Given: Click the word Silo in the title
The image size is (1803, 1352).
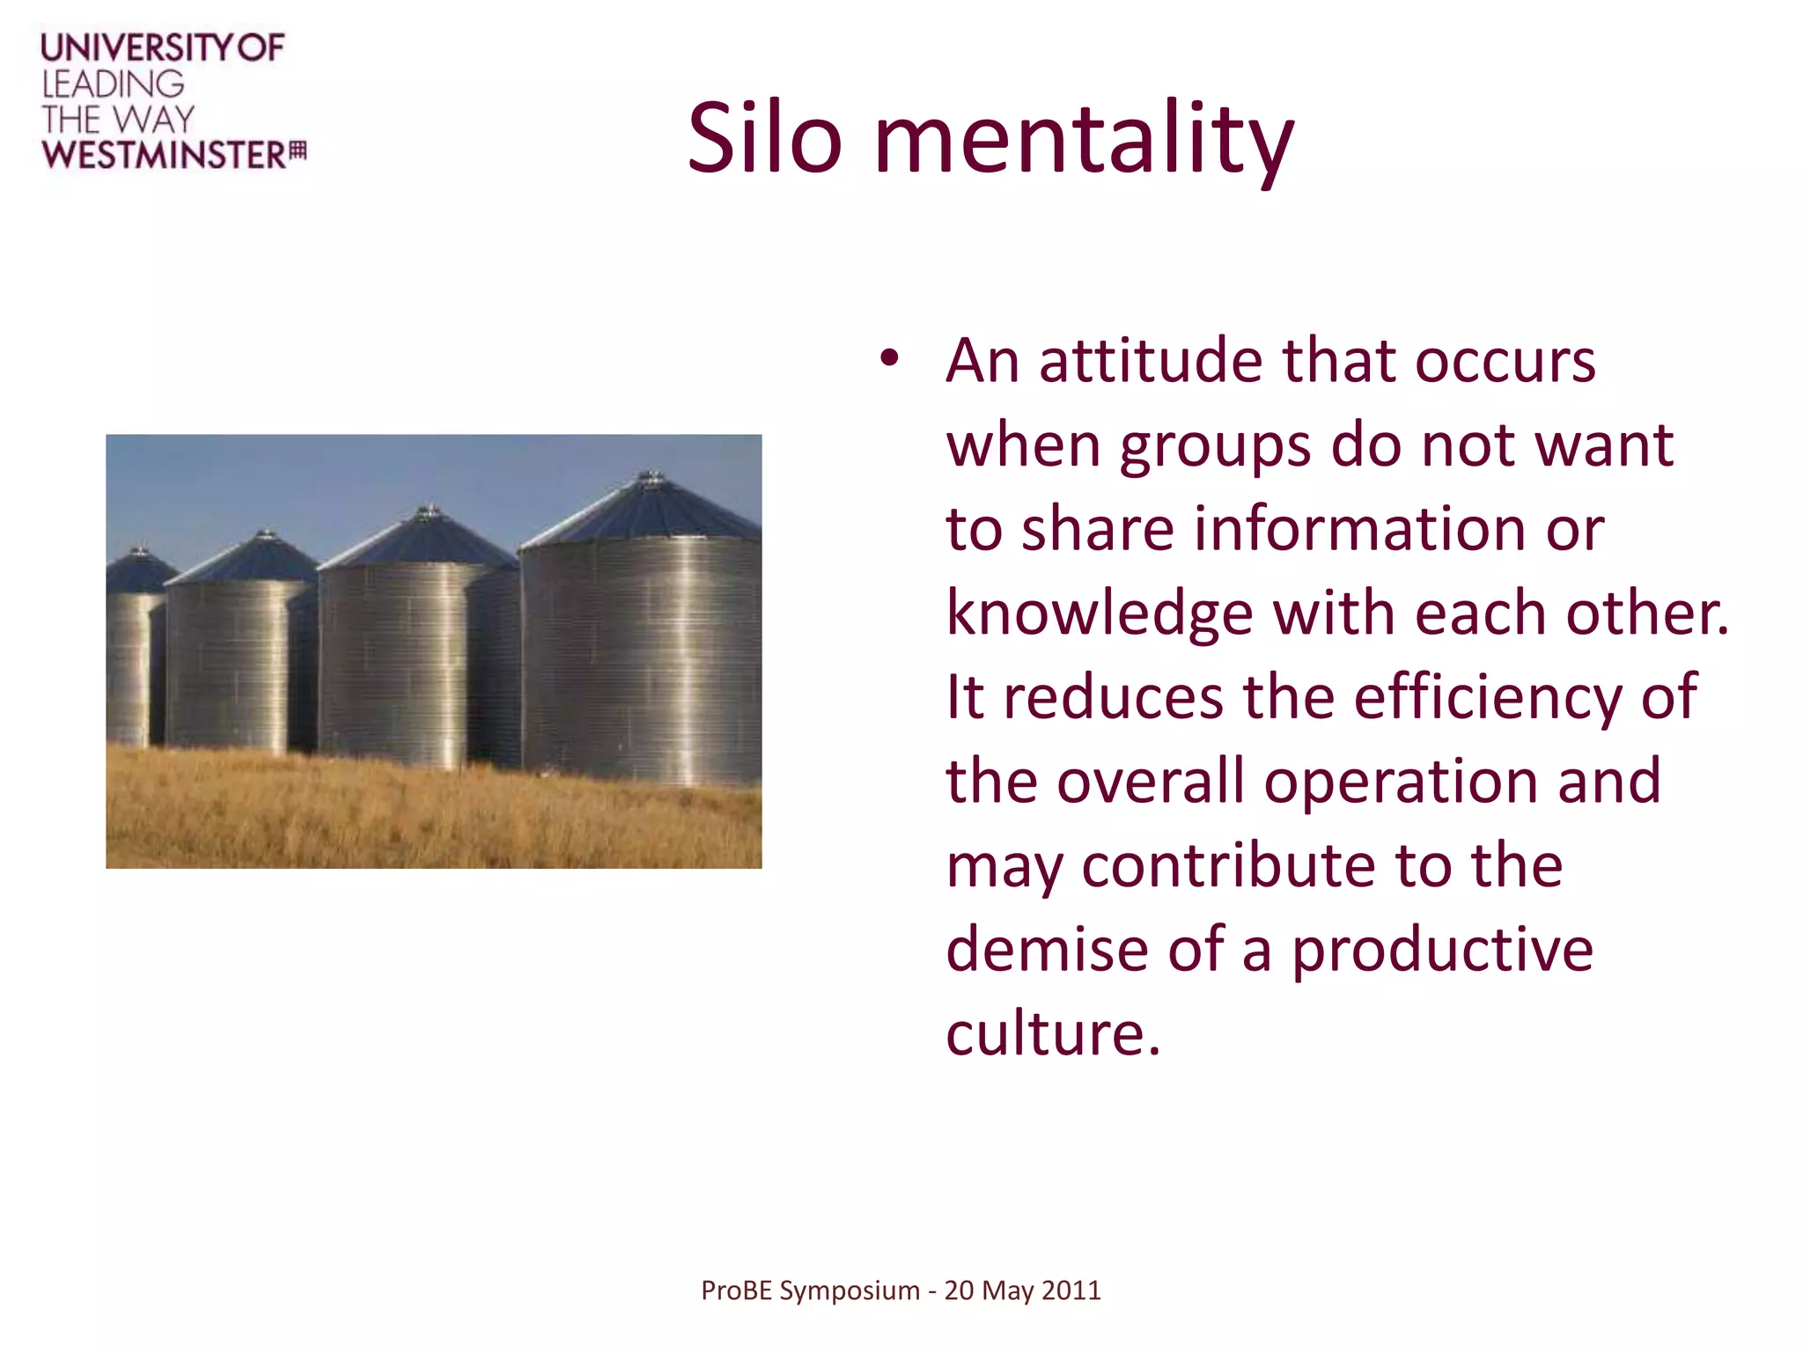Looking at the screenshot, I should [x=764, y=139].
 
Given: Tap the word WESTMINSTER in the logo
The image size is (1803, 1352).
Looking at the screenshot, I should [x=164, y=155].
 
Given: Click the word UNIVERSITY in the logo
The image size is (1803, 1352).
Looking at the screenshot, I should [x=136, y=48].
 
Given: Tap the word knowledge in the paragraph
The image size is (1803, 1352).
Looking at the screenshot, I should [x=1100, y=614].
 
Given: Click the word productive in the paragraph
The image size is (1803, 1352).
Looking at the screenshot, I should [x=1442, y=951].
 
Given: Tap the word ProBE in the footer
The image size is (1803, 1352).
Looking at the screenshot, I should [x=737, y=1290].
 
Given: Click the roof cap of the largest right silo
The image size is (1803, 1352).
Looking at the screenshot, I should [x=650, y=479].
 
